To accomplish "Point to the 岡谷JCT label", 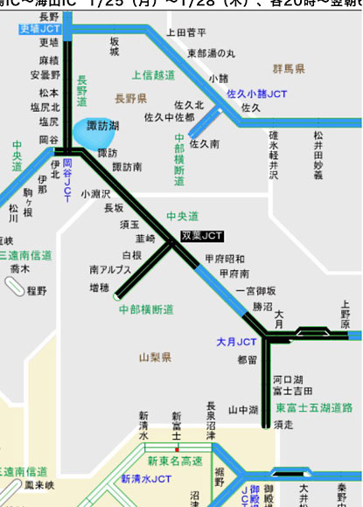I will [x=67, y=180].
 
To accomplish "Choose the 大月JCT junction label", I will [x=236, y=342].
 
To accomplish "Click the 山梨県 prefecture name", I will [x=155, y=357].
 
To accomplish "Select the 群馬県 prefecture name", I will [x=288, y=68].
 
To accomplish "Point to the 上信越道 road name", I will [x=154, y=75].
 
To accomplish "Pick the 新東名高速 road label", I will [x=175, y=461].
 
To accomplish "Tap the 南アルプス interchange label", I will [x=111, y=270].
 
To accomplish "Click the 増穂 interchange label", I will [x=100, y=287].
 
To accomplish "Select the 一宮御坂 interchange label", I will [x=255, y=291].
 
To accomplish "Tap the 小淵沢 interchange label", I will [x=95, y=193].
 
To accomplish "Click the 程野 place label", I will [x=36, y=290].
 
